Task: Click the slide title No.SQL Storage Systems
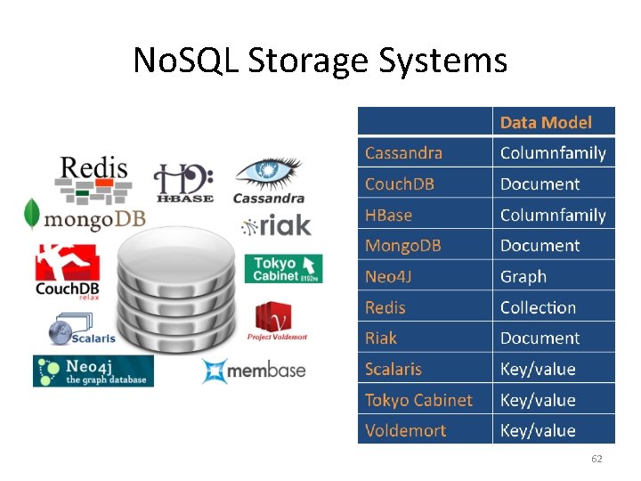[320, 61]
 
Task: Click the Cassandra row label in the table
[403, 153]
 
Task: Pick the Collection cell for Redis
[538, 307]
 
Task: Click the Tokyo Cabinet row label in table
[418, 400]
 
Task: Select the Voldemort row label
[405, 430]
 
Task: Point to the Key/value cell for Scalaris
[538, 369]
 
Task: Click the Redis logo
[94, 177]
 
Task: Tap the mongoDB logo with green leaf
[84, 216]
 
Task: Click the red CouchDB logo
[67, 273]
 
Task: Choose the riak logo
[277, 225]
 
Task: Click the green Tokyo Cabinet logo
[283, 268]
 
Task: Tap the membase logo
[253, 371]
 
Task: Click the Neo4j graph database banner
[93, 371]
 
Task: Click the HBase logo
[183, 183]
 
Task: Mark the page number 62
[596, 459]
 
